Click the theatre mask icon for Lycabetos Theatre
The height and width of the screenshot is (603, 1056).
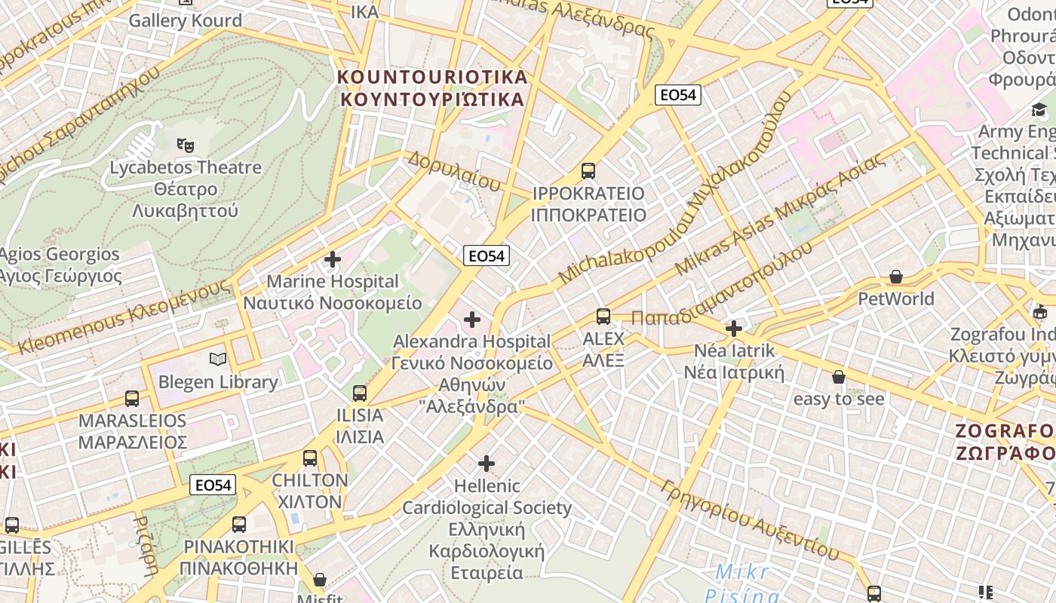185,144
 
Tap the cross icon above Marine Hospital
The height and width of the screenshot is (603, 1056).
332,259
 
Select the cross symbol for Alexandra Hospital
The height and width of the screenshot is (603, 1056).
472,320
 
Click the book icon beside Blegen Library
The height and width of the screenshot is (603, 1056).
218,360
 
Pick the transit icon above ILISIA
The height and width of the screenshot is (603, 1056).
360,393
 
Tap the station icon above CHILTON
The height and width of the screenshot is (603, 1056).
309,458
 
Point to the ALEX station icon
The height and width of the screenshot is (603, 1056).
603,317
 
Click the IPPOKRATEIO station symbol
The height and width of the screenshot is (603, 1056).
588,171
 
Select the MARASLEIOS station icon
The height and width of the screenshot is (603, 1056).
132,398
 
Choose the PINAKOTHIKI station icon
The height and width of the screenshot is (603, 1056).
238,524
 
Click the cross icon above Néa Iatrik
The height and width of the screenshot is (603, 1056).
733,329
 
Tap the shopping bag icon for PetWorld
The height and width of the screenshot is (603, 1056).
896,277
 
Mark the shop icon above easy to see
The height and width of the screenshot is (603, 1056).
838,377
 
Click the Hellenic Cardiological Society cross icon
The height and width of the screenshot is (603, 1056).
487,463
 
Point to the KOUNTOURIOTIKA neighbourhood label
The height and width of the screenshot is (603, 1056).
432,88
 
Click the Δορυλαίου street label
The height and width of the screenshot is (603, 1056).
454,171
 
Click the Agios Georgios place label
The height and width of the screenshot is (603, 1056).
60,265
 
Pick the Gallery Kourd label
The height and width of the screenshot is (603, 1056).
185,20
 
